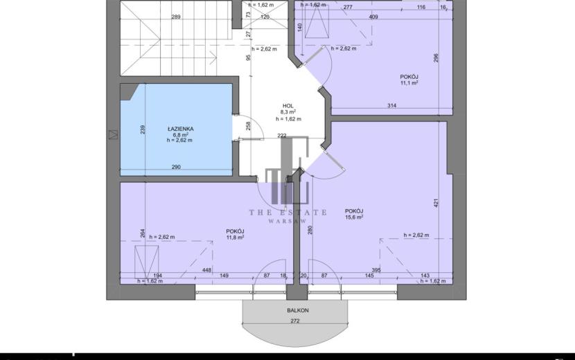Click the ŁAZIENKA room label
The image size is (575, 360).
[180, 129]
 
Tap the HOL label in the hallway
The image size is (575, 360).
[288, 106]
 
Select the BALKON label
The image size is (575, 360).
[298, 310]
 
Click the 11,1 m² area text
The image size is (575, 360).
[409, 83]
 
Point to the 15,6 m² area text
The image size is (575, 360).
[354, 217]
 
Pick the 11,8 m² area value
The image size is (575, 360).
[235, 237]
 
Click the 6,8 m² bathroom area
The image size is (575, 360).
[180, 134]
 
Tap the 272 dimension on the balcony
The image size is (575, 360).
[295, 321]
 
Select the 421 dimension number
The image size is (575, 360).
[436, 203]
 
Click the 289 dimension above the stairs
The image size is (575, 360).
[176, 17]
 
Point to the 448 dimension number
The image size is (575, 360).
[207, 270]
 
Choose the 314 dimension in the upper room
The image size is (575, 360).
[391, 106]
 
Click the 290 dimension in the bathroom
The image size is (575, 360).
[176, 167]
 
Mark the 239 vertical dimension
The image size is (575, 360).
[143, 129]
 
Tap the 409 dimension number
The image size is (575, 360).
[373, 17]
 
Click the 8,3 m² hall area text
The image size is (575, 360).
[288, 112]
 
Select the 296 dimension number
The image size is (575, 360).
[436, 58]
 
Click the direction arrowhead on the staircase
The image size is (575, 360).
[213, 57]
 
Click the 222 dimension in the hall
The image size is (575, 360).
[282, 136]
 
